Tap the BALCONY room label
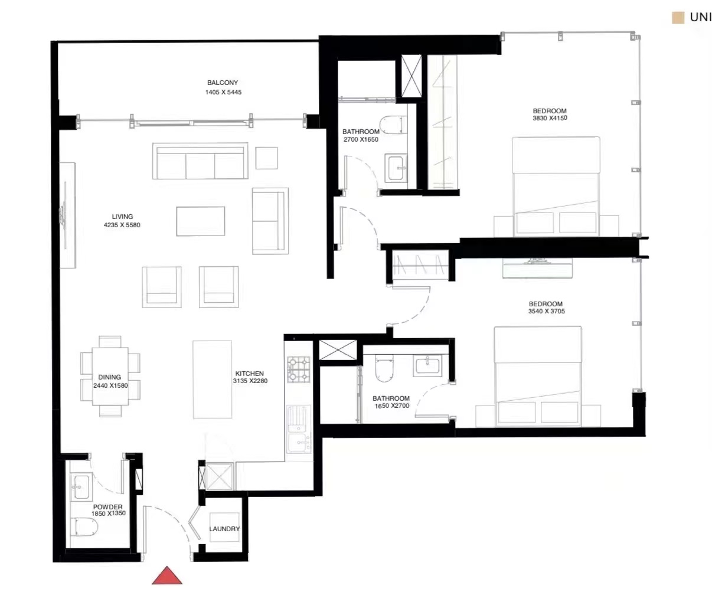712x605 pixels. pos(223,83)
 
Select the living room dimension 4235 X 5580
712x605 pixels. pos(122,225)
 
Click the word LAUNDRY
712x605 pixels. pos(224,529)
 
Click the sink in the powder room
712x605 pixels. pos(81,487)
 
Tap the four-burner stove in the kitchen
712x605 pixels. pos(299,370)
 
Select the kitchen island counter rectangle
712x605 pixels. pos(212,380)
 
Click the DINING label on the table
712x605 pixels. pos(110,377)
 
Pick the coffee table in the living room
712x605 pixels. pos(201,221)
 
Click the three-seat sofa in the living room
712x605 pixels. pos(200,161)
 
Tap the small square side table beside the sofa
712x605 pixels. pos(266,158)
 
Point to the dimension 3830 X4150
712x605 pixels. pos(550,118)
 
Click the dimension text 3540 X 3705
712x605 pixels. pos(546,311)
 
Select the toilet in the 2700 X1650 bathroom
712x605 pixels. pos(393,125)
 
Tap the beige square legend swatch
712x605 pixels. pos(678,18)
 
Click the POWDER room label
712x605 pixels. pos(108,507)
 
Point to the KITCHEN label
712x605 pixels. pos(249,374)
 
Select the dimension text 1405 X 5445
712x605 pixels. pos(223,92)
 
